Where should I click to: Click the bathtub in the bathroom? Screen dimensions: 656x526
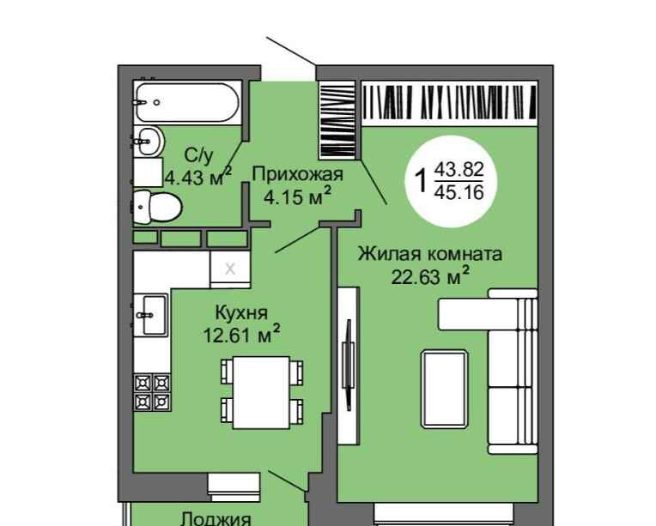[187, 102]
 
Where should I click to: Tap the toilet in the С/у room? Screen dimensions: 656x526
[157, 207]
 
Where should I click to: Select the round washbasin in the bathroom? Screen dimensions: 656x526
[149, 141]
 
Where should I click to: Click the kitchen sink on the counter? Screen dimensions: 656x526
[150, 315]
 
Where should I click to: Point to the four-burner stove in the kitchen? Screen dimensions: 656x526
[152, 392]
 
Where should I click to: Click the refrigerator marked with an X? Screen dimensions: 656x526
[230, 269]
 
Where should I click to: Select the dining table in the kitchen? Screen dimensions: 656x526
[262, 392]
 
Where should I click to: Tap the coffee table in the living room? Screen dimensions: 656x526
[444, 390]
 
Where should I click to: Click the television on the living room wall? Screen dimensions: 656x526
[348, 365]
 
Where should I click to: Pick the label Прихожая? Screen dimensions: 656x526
[297, 174]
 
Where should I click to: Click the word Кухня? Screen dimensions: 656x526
[241, 312]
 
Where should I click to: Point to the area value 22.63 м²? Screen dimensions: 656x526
[430, 276]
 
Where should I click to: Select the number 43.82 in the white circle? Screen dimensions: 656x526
[459, 170]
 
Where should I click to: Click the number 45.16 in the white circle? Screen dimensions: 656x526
[459, 192]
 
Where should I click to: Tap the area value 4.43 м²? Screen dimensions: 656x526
[197, 177]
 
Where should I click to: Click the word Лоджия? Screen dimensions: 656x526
[216, 519]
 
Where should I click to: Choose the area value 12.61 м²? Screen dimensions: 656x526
[242, 334]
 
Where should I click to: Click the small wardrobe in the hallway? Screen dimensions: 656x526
[337, 120]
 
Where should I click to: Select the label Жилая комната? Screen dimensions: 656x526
[430, 254]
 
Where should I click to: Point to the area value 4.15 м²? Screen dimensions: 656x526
[297, 196]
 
